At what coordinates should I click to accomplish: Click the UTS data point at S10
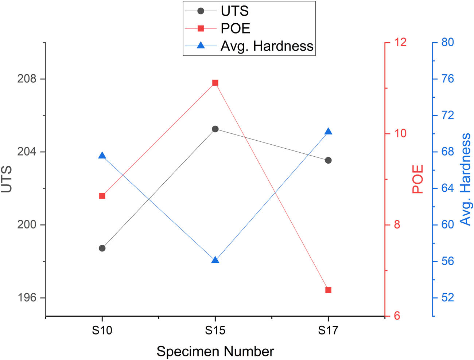pyautogui.click(x=102, y=248)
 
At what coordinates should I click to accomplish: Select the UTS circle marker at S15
pyautogui.click(x=215, y=129)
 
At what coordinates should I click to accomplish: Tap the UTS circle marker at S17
pyautogui.click(x=328, y=160)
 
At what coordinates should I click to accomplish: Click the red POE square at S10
pyautogui.click(x=102, y=196)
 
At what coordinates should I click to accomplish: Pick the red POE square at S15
pyautogui.click(x=215, y=83)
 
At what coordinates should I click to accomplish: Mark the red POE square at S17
pyautogui.click(x=328, y=290)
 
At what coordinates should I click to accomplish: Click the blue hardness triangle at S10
pyautogui.click(x=102, y=156)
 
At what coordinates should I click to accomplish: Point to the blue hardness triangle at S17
pyautogui.click(x=328, y=132)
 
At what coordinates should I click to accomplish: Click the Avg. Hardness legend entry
pyautogui.click(x=267, y=46)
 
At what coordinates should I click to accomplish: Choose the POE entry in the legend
pyautogui.click(x=235, y=28)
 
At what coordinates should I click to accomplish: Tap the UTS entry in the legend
pyautogui.click(x=234, y=11)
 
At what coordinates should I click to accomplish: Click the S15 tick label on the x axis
pyautogui.click(x=215, y=330)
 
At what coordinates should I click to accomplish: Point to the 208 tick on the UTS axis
pyautogui.click(x=27, y=79)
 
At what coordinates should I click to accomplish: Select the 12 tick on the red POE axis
pyautogui.click(x=400, y=42)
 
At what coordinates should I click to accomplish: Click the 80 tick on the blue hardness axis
pyautogui.click(x=448, y=42)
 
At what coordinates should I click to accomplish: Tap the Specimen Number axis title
pyautogui.click(x=215, y=352)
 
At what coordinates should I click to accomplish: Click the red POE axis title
pyautogui.click(x=418, y=179)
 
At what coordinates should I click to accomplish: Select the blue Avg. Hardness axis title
pyautogui.click(x=466, y=179)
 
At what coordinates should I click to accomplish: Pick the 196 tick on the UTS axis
pyautogui.click(x=27, y=298)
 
